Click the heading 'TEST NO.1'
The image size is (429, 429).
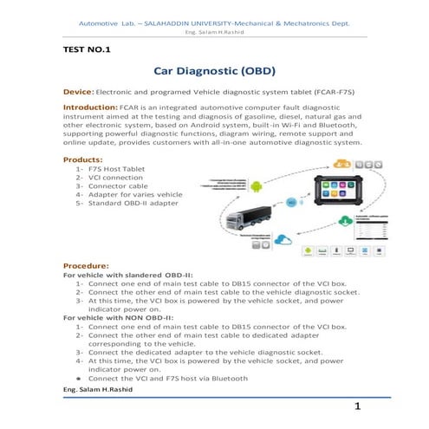click(88, 50)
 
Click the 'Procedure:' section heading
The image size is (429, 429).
click(87, 264)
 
